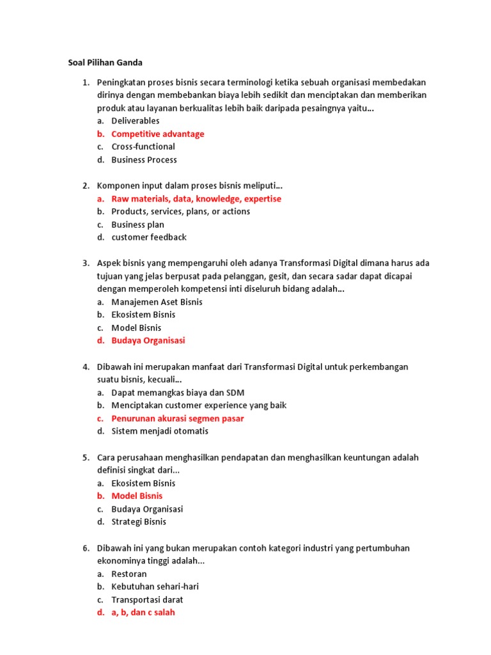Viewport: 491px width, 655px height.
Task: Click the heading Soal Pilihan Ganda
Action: (x=105, y=63)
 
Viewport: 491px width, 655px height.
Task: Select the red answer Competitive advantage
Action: (x=157, y=134)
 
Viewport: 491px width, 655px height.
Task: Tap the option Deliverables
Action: (x=135, y=121)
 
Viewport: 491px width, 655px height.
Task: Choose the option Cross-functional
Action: (x=143, y=146)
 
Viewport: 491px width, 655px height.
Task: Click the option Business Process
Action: (x=144, y=160)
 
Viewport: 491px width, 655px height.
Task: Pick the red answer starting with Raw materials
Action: (x=196, y=199)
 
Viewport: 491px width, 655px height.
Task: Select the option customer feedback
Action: (x=148, y=237)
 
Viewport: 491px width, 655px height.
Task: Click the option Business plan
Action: (x=137, y=225)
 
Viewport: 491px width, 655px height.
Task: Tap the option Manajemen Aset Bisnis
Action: (x=157, y=302)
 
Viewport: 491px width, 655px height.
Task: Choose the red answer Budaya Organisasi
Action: (x=148, y=340)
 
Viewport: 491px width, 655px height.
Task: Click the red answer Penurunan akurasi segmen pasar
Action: (x=177, y=418)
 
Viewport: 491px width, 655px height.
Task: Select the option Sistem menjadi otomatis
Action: (x=160, y=431)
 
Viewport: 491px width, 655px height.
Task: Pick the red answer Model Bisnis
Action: (x=137, y=496)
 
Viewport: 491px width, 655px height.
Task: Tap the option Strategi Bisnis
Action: (x=139, y=521)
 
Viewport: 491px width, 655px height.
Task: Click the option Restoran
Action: (x=129, y=574)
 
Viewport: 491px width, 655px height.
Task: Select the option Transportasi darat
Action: (x=147, y=599)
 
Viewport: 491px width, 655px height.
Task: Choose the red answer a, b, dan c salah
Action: (x=143, y=612)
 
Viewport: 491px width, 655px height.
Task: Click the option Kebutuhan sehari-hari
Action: (x=150, y=587)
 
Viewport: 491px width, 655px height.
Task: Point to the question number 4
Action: (x=86, y=367)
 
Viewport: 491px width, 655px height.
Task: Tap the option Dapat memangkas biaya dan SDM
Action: (x=178, y=393)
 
